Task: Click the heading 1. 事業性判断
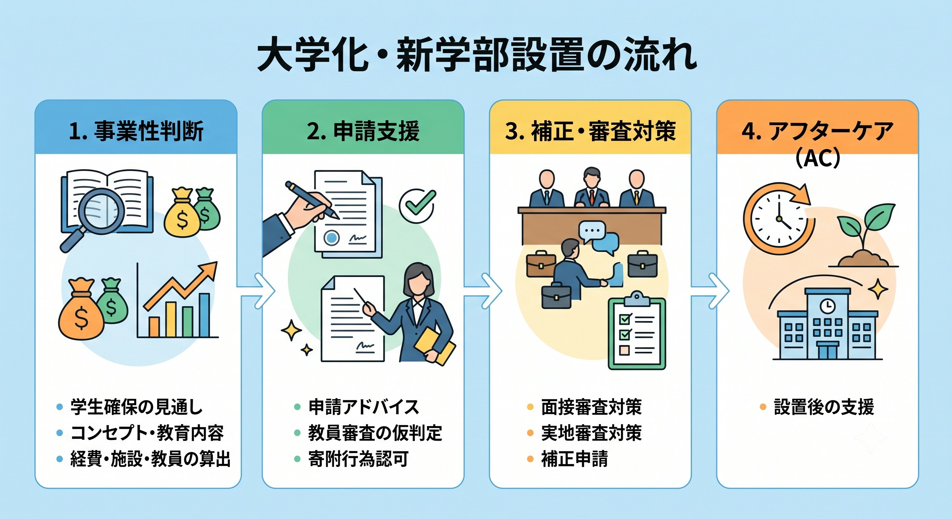click(136, 131)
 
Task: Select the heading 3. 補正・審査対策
click(590, 131)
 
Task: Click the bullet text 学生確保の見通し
click(136, 407)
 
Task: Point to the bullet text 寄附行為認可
click(358, 459)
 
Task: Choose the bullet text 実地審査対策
click(591, 433)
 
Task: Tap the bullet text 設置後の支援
click(824, 407)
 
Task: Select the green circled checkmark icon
click(417, 205)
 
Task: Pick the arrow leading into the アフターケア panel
click(710, 291)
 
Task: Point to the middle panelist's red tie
click(592, 197)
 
